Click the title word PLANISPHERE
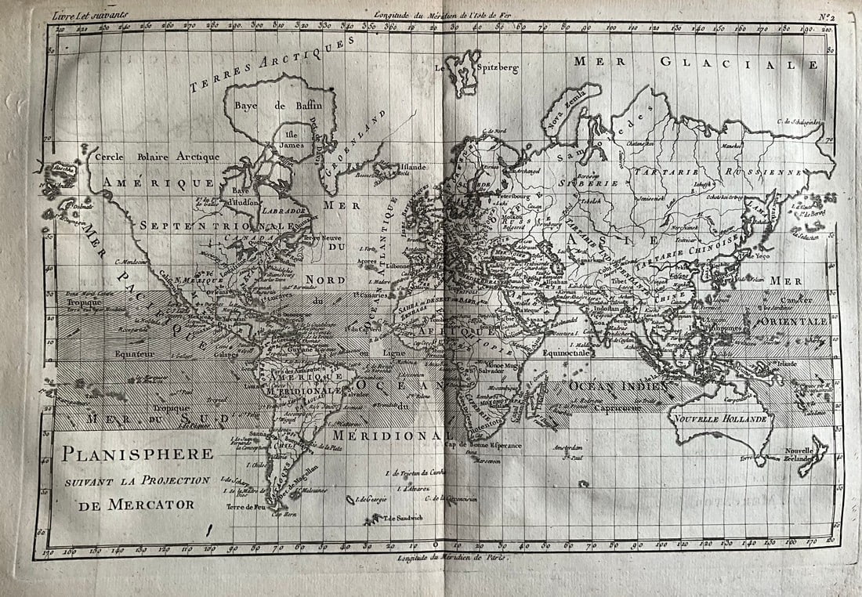tap(138, 454)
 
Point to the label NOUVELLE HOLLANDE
tap(719, 418)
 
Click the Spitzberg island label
tap(496, 68)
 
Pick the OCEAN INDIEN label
tap(618, 386)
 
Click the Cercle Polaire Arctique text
tap(157, 157)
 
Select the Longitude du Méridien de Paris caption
tap(452, 558)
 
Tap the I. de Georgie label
tap(372, 499)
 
